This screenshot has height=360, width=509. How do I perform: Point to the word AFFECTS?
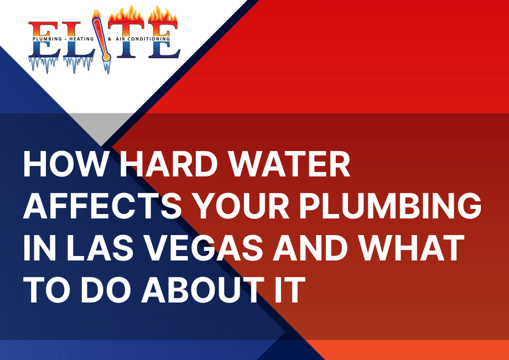click(102, 206)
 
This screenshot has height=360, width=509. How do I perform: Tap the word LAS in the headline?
click(100, 248)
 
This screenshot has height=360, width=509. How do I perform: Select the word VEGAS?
click(203, 248)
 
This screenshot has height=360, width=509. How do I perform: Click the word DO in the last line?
click(105, 290)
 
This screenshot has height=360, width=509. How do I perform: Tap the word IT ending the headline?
click(290, 290)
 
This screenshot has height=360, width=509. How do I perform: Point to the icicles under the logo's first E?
click(44, 65)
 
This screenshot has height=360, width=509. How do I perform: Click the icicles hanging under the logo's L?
click(77, 65)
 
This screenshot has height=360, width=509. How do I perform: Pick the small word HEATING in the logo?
click(81, 39)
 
